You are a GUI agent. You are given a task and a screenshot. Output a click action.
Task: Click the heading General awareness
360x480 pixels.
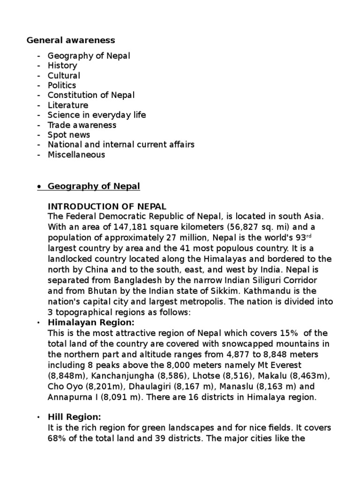pos(71,40)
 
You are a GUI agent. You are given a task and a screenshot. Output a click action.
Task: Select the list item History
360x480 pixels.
pos(62,66)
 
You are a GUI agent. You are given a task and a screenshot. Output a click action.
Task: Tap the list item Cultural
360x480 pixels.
pos(64,75)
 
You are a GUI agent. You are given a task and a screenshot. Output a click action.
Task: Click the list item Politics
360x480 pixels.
pos(61,85)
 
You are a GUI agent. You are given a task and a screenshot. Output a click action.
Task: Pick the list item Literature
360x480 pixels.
pos(67,105)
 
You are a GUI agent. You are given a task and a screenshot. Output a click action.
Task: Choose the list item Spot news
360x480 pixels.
pos(68,135)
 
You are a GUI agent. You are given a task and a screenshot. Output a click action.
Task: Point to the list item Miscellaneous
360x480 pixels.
pos(76,154)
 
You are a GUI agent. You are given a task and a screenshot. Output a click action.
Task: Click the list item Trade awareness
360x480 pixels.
pos(82,125)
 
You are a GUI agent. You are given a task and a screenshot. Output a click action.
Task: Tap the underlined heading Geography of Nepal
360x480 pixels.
pos(94,186)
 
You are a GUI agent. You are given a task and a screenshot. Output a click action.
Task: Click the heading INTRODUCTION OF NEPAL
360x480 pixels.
pos(107,207)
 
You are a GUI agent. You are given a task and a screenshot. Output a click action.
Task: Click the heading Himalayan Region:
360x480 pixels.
pos(91,322)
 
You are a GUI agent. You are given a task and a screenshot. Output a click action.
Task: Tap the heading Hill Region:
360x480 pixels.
pos(75,417)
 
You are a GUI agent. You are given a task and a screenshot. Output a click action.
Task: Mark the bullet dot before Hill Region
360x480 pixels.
pos(37,418)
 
